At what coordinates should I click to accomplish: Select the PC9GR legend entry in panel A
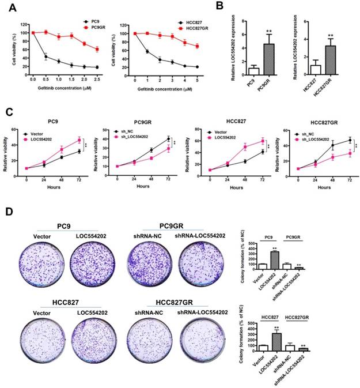[x=93, y=27]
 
